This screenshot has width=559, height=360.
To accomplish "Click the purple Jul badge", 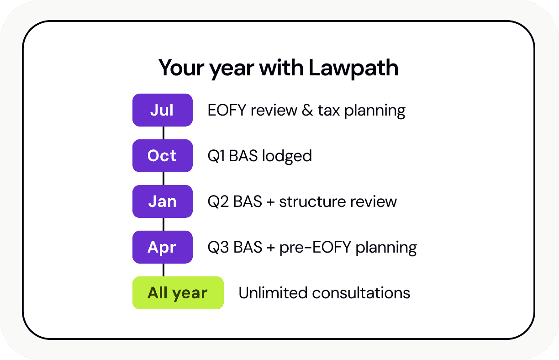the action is point(163,110).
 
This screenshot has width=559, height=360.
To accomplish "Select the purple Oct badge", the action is point(163,156).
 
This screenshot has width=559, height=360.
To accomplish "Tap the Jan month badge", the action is point(163,201).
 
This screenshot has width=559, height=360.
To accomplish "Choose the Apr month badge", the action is point(163,247).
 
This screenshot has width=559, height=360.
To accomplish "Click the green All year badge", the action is point(178,293).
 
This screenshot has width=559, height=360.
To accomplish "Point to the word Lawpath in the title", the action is point(353,69).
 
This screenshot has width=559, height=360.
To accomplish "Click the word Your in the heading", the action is point(181,68).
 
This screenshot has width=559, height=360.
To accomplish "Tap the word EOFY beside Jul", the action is point(227,110).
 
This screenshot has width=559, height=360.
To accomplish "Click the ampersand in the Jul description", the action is point(307,110).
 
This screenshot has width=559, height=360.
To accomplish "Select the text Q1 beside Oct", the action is point(216,156).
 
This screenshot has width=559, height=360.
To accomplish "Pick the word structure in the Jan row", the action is point(312,202).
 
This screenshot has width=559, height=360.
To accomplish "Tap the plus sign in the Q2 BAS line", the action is point(270,202).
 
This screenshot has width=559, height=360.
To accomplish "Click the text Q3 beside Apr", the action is point(218,248).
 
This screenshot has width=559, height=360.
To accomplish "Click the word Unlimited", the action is point(273,292).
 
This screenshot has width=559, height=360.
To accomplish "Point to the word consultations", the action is point(361,293).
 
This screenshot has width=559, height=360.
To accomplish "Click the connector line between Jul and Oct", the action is point(163,133).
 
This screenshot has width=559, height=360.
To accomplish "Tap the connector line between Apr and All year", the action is point(163,270).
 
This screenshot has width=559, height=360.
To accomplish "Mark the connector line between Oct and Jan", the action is point(163,179).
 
